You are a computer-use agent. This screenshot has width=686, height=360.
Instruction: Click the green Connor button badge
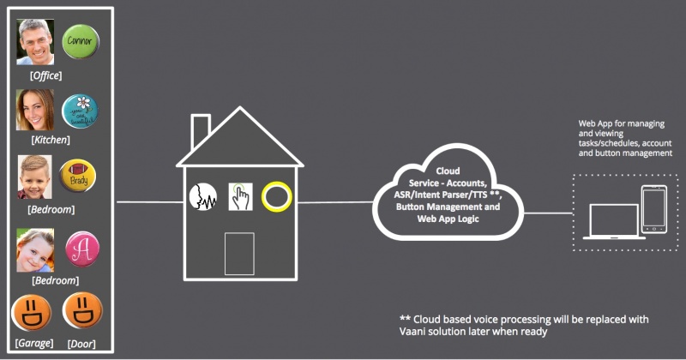tap(81, 41)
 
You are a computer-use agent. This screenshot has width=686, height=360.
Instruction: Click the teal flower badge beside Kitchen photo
tap(81, 111)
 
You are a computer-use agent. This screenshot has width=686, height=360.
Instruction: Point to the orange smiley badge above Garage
tap(33, 315)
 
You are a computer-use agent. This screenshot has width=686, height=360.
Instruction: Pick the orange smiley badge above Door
tap(83, 315)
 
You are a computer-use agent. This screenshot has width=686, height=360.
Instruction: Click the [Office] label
tap(45, 76)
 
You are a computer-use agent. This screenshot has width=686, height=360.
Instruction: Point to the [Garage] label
tap(33, 343)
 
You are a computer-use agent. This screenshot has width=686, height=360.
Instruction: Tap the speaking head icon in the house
tap(202, 196)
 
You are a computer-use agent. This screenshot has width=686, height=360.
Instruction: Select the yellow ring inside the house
tap(277, 196)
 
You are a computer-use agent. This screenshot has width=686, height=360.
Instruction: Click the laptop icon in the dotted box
tap(610, 221)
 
